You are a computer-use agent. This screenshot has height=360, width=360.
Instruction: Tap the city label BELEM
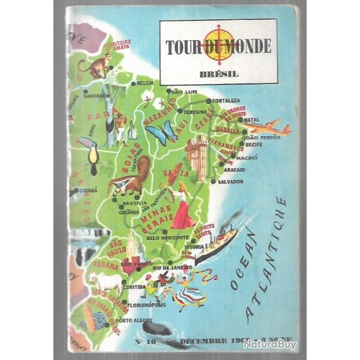(145, 83)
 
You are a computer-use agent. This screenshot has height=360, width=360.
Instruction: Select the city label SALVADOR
(230, 181)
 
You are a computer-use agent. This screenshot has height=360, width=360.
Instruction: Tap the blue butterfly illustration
(160, 133)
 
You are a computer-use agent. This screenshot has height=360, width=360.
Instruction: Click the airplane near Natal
(268, 127)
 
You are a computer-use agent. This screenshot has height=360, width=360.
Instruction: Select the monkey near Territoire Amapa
(96, 66)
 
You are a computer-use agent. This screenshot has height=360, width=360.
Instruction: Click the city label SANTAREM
(97, 95)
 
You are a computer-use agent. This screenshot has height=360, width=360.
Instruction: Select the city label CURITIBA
(134, 287)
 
